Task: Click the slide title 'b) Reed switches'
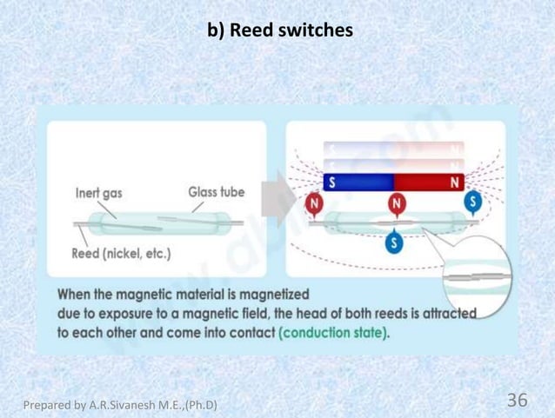(279, 31)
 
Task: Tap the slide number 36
(517, 400)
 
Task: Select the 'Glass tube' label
(217, 192)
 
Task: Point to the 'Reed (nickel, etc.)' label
(122, 254)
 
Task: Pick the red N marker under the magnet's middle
(397, 204)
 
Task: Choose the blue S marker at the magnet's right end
(473, 201)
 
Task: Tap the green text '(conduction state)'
(334, 333)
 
